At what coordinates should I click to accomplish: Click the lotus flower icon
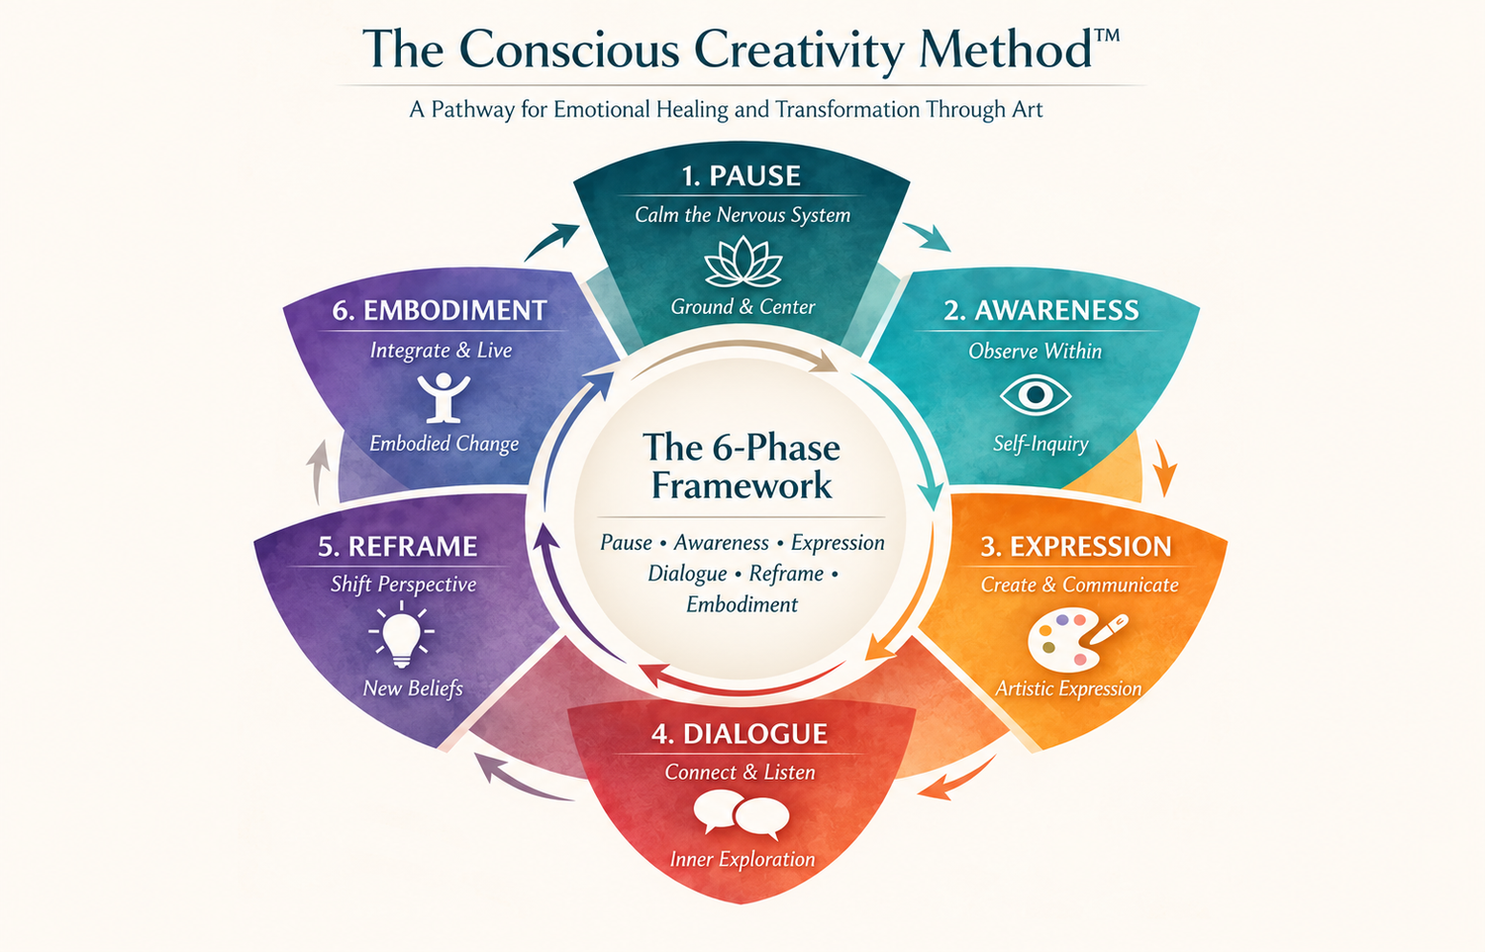(x=742, y=262)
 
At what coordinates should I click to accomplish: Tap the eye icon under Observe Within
(x=1035, y=395)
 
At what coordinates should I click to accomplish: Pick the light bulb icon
(x=402, y=634)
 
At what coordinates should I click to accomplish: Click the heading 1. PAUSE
(x=742, y=175)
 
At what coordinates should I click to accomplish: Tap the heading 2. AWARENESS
(x=1040, y=310)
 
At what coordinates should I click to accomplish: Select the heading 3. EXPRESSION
(x=1076, y=547)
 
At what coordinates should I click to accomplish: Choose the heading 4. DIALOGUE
(x=740, y=734)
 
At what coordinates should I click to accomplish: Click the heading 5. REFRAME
(x=398, y=547)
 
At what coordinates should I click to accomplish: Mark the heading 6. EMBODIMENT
(x=439, y=310)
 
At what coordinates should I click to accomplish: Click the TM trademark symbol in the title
(x=1105, y=36)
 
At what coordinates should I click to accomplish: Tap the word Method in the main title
(x=1006, y=50)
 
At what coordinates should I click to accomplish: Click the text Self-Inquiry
(x=1040, y=444)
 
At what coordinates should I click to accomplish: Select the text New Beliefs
(x=413, y=688)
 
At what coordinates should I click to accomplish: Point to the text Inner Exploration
(x=742, y=860)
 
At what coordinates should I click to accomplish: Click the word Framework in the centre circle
(x=742, y=485)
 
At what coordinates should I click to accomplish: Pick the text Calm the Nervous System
(x=742, y=215)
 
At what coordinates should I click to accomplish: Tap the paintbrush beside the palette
(x=1109, y=628)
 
